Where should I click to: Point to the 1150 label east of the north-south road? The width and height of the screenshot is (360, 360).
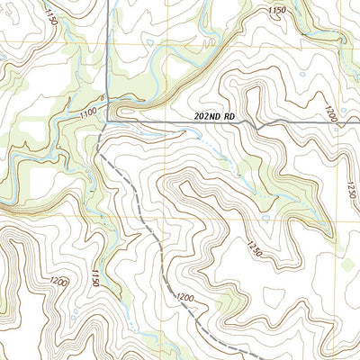[277, 10]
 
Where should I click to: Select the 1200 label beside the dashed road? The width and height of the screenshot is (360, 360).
[186, 298]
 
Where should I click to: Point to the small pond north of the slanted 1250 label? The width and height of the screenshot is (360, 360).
[267, 219]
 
